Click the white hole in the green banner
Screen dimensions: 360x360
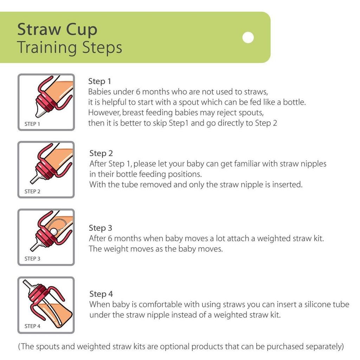coord(248,37)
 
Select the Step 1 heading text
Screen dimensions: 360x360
coord(99,81)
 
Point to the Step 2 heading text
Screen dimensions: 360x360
coord(101,153)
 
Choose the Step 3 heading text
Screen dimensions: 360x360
coord(101,228)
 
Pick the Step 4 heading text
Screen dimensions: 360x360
coord(101,294)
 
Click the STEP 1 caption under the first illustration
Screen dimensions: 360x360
coord(32,124)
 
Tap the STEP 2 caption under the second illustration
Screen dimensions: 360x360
coord(32,192)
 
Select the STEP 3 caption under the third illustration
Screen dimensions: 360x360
coord(32,259)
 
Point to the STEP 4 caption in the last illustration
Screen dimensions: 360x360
coord(32,326)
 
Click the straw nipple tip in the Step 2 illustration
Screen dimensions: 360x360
coord(32,181)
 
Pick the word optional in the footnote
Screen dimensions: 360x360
coord(175,347)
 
